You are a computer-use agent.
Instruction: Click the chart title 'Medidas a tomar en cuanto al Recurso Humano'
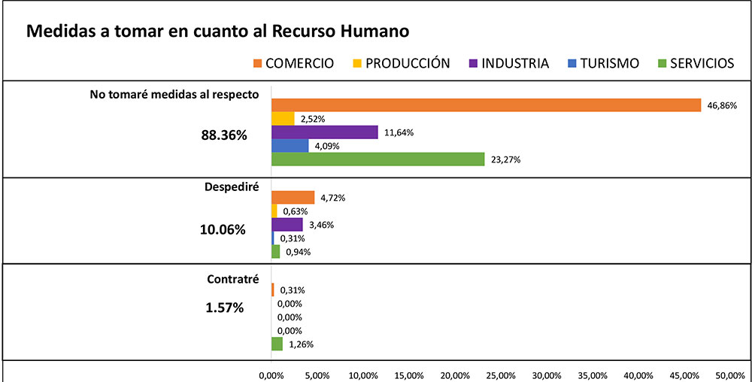pos(218,32)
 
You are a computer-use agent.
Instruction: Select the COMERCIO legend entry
pos(293,63)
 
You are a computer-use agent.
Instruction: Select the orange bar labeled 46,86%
pos(486,105)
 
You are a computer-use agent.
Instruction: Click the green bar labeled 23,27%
pos(378,159)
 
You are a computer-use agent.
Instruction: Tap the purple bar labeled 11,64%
pos(324,132)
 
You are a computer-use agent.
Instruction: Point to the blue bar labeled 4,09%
pos(290,146)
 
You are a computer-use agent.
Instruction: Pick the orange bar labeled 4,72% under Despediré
pos(293,198)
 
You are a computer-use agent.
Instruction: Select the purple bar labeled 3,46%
pos(287,225)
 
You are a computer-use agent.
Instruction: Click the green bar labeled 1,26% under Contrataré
pos(277,344)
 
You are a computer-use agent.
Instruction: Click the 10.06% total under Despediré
pos(223,229)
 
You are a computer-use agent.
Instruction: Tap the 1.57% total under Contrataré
pos(224,307)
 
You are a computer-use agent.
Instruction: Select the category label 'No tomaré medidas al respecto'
pos(174,95)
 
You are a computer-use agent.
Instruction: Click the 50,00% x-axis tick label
pos(730,374)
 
